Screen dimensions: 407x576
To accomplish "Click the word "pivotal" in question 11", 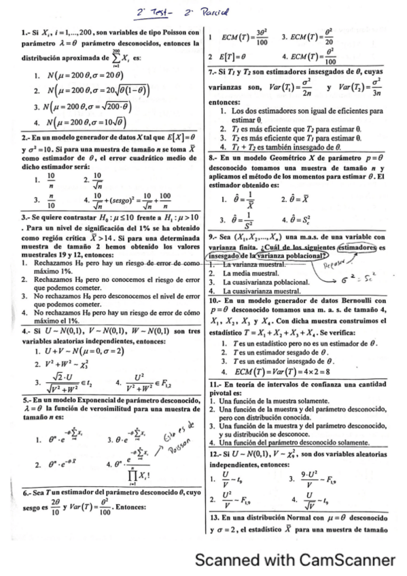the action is coord(223,393).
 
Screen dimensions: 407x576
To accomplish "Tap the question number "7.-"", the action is coord(214,71).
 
